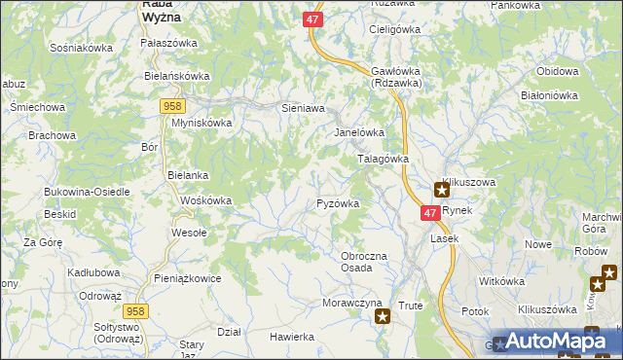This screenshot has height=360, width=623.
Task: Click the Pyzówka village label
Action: coord(339,203)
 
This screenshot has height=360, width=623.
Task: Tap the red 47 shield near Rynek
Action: coord(430,212)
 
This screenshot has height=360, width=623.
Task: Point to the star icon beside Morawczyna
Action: coord(383,315)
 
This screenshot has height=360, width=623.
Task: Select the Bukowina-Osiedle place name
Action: coord(87,192)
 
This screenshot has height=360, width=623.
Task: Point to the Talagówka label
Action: coord(382,158)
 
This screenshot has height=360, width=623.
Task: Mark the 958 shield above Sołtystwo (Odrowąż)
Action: coord(136,309)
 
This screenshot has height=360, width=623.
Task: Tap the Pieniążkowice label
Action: coord(188,278)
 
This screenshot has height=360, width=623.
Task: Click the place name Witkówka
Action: coord(502,281)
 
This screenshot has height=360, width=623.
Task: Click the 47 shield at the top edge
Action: coord(311,18)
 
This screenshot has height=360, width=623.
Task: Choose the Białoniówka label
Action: coord(550,95)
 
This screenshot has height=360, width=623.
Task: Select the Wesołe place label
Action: coord(189,233)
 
